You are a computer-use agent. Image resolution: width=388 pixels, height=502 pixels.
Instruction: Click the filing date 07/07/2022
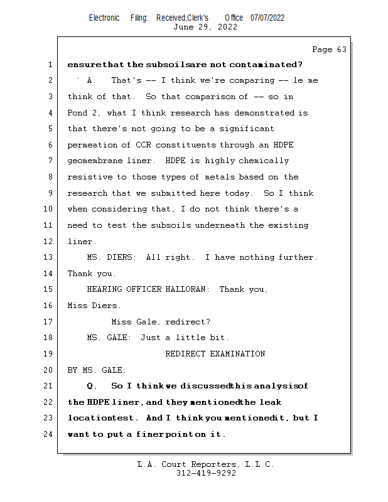click(x=267, y=18)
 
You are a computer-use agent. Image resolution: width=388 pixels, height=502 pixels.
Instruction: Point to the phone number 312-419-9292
click(x=205, y=473)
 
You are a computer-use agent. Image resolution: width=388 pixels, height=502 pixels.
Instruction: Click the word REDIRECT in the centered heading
click(x=185, y=354)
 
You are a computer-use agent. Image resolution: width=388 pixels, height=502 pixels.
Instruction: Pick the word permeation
click(x=92, y=145)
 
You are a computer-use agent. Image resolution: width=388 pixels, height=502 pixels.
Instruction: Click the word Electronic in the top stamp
click(x=104, y=18)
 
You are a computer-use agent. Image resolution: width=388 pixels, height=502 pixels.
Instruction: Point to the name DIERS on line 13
click(x=126, y=257)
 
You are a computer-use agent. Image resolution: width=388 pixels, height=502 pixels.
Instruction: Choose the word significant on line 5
click(x=249, y=129)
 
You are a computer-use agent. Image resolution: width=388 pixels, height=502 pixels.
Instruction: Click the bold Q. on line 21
click(x=92, y=386)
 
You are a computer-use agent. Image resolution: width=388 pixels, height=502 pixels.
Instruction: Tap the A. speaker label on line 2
click(x=92, y=80)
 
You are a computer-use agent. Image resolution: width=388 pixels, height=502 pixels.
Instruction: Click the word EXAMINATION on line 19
click(x=238, y=354)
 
